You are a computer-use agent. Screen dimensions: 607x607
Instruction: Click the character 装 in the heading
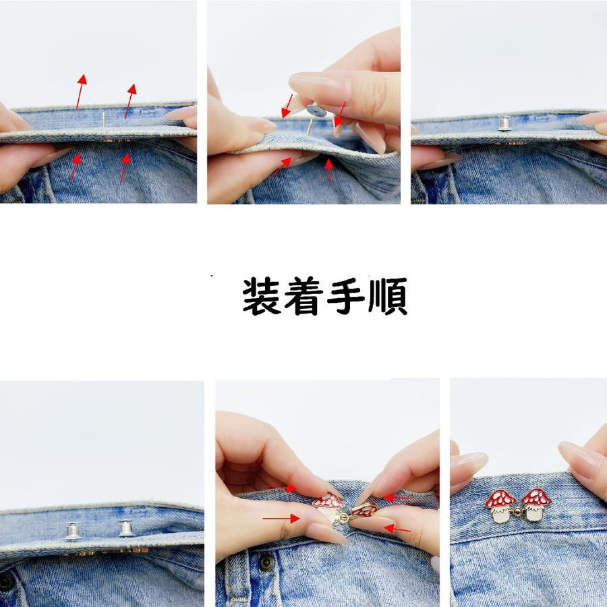point(261,296)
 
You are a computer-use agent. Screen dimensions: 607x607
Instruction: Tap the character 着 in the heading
point(303,296)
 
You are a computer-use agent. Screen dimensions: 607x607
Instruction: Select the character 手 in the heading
point(346,296)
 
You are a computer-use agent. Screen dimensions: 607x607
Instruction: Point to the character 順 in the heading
point(388,296)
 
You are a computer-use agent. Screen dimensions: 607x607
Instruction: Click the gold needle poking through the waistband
point(103,119)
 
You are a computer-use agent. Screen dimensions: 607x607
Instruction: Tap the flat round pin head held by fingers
point(316,111)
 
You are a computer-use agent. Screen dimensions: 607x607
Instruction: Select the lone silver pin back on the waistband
point(504,123)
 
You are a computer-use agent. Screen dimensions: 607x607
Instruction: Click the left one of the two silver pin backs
point(72,531)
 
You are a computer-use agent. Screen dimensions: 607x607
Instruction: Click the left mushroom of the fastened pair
point(500,506)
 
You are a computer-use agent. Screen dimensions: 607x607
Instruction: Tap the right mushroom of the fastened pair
point(536,504)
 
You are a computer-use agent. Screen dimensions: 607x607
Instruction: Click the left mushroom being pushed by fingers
point(328,507)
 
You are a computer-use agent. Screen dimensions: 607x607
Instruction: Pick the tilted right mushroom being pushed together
point(364,511)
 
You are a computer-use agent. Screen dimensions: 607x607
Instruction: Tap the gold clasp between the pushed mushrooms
point(343,517)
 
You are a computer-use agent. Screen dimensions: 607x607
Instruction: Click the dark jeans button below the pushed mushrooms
point(266,562)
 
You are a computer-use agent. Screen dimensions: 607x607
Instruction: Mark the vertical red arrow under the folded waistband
point(329,170)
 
